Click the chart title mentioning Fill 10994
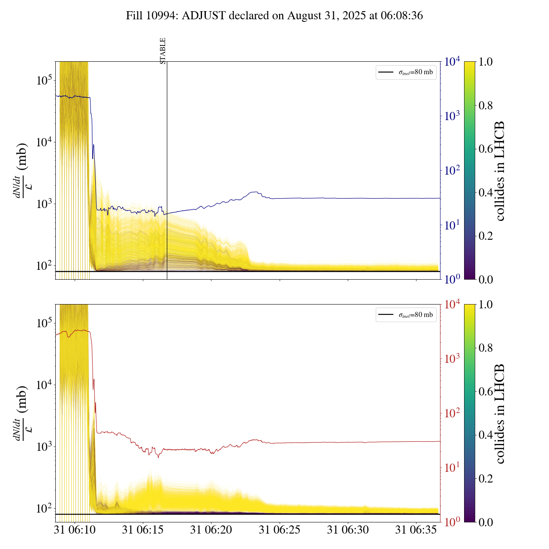[x=274, y=16]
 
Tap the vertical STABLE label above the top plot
[x=163, y=51]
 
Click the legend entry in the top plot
[x=406, y=72]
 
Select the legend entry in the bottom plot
[x=406, y=315]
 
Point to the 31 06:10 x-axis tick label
[x=75, y=530]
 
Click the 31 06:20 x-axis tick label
[x=211, y=530]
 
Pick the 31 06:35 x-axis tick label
[x=416, y=530]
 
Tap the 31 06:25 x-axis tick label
[x=279, y=530]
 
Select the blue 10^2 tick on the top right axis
[x=452, y=171]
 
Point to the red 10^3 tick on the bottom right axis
[x=452, y=359]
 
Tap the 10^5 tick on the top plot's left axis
[x=44, y=80]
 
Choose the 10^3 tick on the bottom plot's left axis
[x=44, y=446]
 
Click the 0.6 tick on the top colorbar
[x=486, y=149]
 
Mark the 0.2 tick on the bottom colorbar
[x=486, y=479]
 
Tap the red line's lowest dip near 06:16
[x=158, y=457]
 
